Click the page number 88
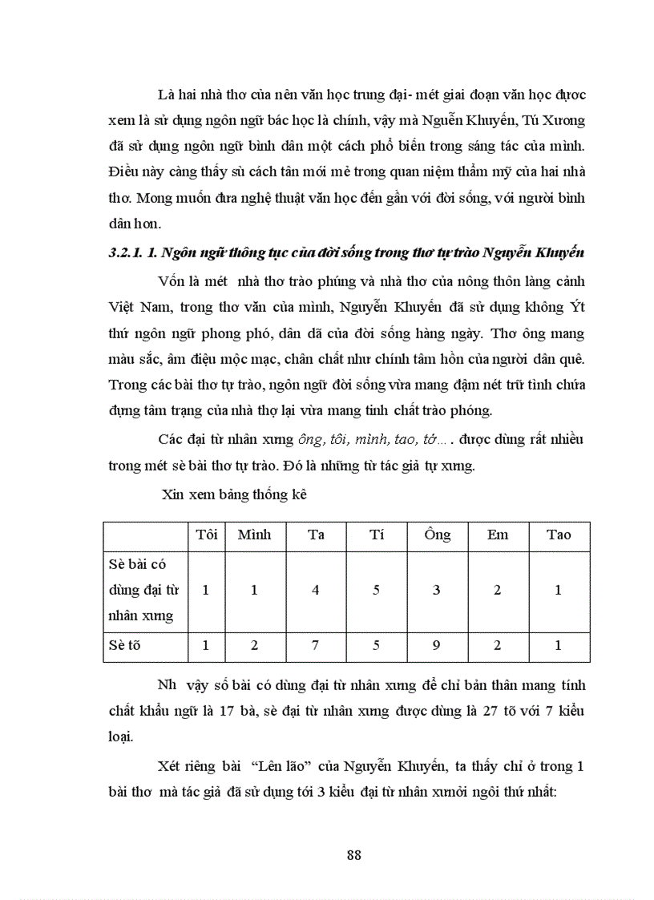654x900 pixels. click(354, 854)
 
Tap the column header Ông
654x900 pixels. click(437, 535)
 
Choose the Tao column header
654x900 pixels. click(559, 535)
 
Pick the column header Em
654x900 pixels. click(498, 535)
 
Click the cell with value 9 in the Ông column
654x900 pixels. click(437, 647)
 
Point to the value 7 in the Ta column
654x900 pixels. click(316, 647)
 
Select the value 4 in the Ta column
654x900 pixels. click(316, 591)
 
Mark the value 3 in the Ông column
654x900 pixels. click(437, 591)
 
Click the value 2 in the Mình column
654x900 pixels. click(254, 647)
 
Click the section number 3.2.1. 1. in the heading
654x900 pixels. click(132, 253)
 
